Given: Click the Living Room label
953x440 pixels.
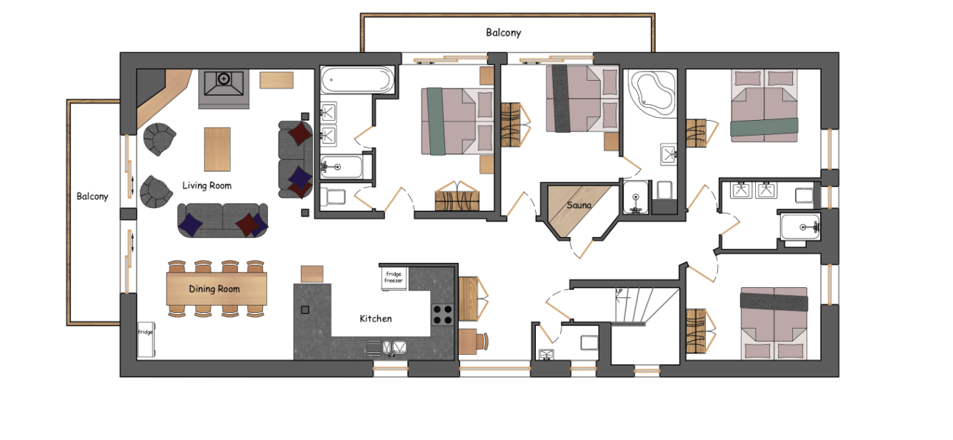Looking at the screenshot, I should (x=206, y=186).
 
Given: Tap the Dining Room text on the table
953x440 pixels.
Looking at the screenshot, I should (x=214, y=289).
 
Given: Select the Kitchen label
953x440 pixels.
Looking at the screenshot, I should (x=375, y=319).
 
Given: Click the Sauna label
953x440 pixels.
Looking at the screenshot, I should (x=579, y=206).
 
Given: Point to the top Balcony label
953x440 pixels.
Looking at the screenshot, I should (x=504, y=33).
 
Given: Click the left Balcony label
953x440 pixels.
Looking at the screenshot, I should (x=93, y=196).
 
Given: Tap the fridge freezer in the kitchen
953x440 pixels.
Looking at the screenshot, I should (x=394, y=277).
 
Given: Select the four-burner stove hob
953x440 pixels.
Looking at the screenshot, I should (x=443, y=314).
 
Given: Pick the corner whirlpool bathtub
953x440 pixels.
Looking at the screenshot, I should (x=652, y=92).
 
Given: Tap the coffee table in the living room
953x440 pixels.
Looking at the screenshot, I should (x=217, y=149).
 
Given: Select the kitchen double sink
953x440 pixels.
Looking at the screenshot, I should (x=386, y=348).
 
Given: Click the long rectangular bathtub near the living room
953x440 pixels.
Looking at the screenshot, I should (x=356, y=80).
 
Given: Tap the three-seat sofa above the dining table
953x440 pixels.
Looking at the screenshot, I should (x=222, y=219).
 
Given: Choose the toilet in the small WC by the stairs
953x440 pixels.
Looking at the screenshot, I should (x=589, y=343).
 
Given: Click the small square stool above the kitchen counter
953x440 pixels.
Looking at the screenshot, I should (x=311, y=274).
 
